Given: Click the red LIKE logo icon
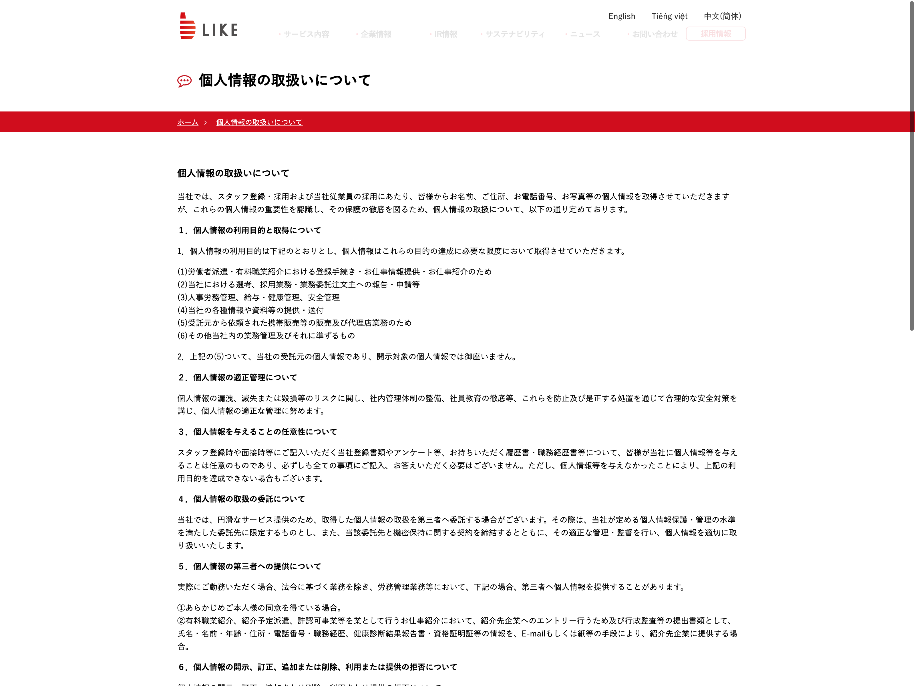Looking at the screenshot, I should click(187, 26).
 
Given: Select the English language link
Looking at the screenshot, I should click(621, 16).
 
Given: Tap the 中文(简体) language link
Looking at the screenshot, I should click(722, 16).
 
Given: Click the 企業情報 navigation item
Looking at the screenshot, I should click(376, 34).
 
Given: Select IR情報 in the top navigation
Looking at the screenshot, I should click(445, 34).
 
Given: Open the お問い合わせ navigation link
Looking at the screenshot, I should click(655, 34).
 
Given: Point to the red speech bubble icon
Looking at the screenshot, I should click(184, 81).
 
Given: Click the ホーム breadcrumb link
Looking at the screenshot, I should click(187, 122).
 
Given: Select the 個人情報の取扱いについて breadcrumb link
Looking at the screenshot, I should click(259, 122).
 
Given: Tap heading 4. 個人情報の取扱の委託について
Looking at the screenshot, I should click(242, 499).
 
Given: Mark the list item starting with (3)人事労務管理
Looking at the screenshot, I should click(258, 297).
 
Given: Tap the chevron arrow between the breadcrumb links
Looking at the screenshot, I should click(205, 122).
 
